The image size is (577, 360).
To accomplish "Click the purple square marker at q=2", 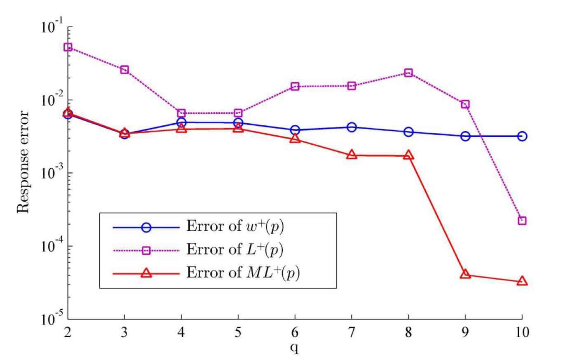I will click(68, 47).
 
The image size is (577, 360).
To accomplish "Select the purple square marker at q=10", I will click(522, 221).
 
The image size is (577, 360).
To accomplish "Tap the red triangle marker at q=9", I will click(465, 274).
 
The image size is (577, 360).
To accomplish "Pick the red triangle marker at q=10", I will click(522, 281).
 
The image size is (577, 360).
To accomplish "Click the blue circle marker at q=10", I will click(522, 136).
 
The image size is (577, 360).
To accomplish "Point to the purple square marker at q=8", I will click(408, 73).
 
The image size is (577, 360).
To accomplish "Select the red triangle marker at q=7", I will click(352, 155).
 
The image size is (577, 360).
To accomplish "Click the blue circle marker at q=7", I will click(352, 127).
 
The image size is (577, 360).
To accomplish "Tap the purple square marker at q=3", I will click(124, 70).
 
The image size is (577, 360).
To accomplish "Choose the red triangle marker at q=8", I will click(408, 155).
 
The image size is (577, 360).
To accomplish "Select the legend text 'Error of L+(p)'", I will click(235, 249).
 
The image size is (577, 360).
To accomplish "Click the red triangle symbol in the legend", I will click(146, 273).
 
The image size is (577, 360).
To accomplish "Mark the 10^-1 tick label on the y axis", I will click(52, 27).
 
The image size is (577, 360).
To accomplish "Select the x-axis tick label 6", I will click(295, 332).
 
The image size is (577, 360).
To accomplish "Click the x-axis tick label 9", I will click(465, 332).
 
